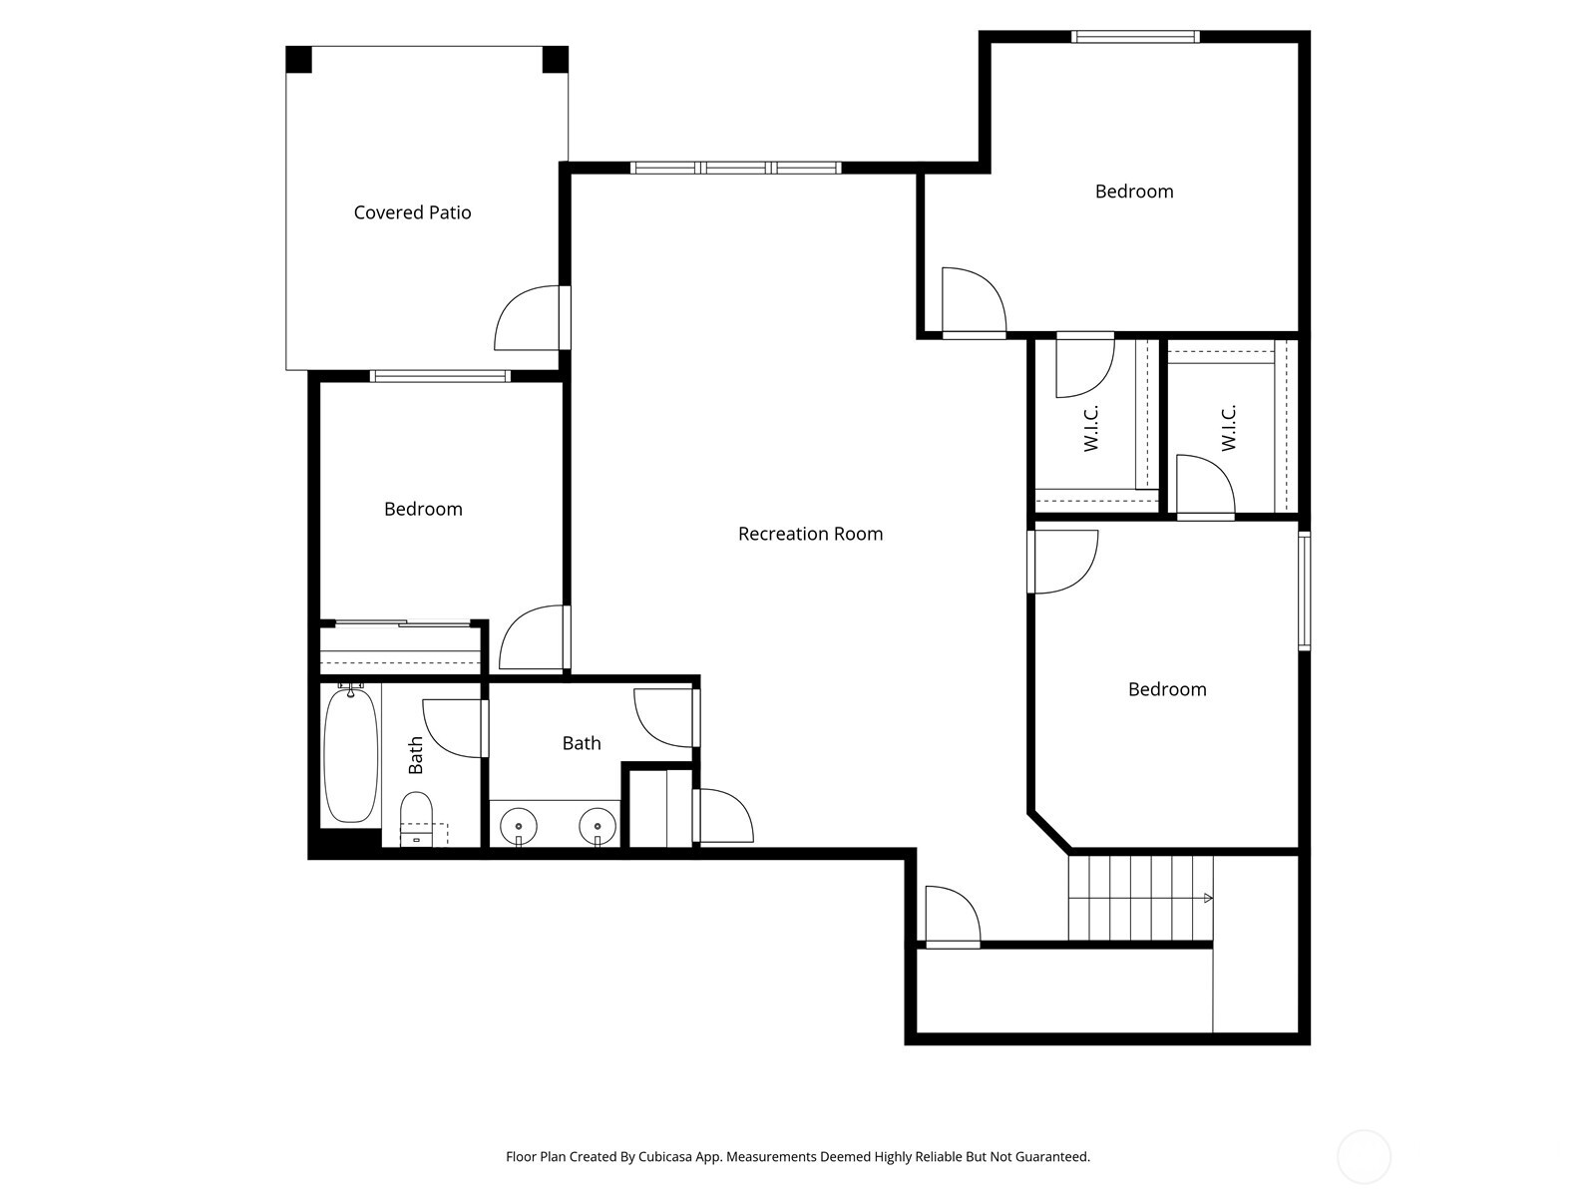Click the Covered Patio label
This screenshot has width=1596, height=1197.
tap(412, 212)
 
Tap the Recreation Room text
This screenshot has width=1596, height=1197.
tap(810, 534)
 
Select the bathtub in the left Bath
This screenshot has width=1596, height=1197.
tap(350, 754)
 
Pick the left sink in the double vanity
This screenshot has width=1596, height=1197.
tap(519, 826)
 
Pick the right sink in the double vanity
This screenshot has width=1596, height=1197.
tap(598, 826)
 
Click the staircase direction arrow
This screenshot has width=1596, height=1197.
tap(1208, 898)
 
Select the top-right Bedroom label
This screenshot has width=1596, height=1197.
tap(1133, 192)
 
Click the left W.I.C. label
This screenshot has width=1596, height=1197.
tap(1091, 428)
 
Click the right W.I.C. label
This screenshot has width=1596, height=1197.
tap(1228, 428)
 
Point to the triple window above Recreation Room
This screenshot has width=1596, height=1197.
tap(736, 168)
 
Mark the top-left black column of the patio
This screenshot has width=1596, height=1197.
tap(299, 60)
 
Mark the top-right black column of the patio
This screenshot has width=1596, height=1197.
tap(555, 60)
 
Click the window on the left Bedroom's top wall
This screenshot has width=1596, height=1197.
tap(440, 376)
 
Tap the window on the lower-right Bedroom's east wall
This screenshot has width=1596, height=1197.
tap(1304, 592)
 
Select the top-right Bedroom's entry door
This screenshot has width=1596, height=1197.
tap(973, 302)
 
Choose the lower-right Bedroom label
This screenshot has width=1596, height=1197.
tap(1167, 689)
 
